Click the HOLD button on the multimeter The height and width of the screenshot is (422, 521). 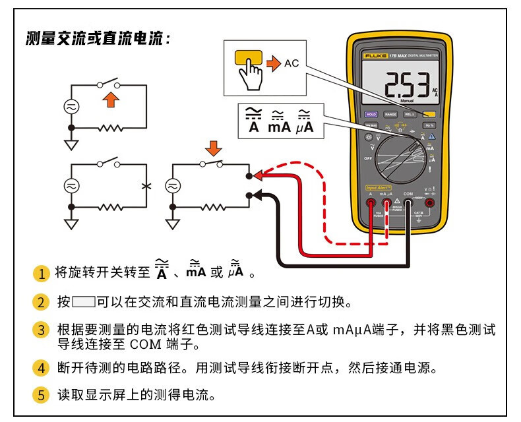click(x=371, y=114)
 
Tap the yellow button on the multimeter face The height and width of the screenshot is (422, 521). click(x=430, y=113)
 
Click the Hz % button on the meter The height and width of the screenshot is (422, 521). click(x=430, y=125)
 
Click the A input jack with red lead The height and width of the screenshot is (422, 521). click(x=371, y=204)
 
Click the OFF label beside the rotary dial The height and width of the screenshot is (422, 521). click(x=368, y=158)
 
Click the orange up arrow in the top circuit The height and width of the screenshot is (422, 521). click(x=113, y=100)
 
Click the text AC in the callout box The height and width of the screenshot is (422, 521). click(x=291, y=63)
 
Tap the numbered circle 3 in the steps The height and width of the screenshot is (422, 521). click(x=42, y=330)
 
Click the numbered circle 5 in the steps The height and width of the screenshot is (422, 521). click(x=42, y=396)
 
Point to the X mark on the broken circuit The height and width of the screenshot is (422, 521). click(x=146, y=187)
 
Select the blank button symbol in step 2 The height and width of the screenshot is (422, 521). click(x=84, y=303)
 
